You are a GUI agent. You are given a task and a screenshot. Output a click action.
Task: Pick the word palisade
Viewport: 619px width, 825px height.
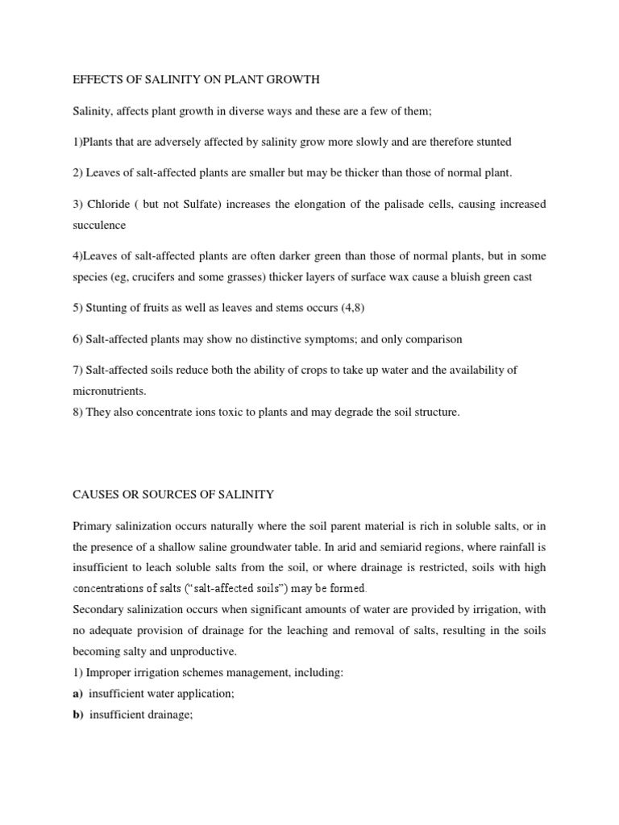tap(374, 205)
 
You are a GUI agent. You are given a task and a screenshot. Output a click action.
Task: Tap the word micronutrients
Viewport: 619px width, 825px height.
tap(108, 391)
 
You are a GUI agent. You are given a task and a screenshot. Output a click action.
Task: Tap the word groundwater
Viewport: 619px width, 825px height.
tap(268, 547)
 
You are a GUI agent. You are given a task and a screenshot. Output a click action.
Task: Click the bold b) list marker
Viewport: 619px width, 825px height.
tap(78, 714)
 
